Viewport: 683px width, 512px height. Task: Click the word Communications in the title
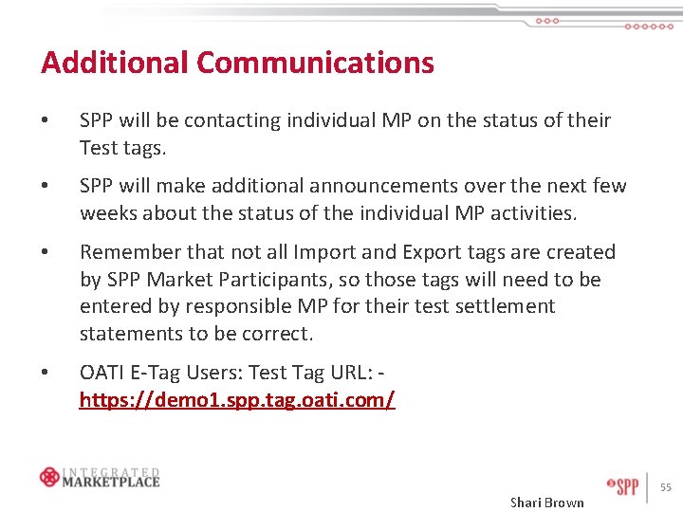[x=315, y=63]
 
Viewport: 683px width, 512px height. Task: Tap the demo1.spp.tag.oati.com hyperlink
[x=237, y=400]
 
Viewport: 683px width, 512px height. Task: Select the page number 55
[x=666, y=487]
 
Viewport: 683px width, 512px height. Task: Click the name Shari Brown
[x=547, y=502]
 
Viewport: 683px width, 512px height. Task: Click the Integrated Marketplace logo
[x=100, y=476]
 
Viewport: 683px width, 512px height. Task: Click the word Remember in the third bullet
[x=128, y=252]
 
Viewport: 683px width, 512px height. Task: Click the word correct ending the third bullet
[x=274, y=334]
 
